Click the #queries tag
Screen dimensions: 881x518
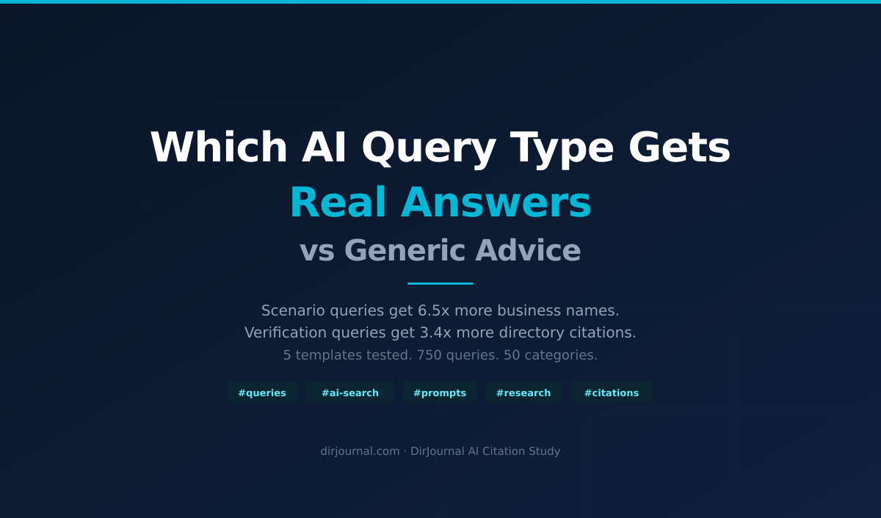[262, 393]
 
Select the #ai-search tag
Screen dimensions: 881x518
[350, 393]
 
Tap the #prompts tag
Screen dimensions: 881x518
[440, 393]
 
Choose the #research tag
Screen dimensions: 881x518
[523, 393]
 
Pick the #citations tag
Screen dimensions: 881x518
[612, 393]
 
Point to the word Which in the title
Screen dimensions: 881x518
[219, 147]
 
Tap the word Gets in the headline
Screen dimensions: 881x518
[680, 147]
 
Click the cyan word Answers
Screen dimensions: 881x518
[496, 202]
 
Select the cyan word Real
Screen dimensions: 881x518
[338, 202]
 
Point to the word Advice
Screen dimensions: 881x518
[528, 250]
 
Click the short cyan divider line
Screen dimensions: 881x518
[440, 283]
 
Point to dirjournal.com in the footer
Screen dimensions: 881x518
[360, 451]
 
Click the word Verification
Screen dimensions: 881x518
[286, 332]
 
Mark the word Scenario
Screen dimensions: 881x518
[293, 310]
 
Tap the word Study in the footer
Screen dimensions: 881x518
[544, 451]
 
